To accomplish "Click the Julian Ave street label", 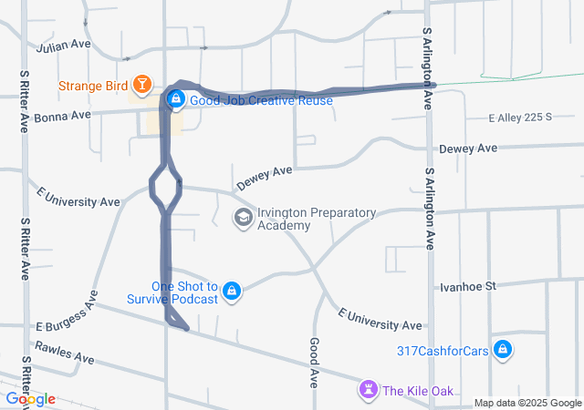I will point(64,44).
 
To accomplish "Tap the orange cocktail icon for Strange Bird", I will point(142,86).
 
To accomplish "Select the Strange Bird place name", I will point(93,87).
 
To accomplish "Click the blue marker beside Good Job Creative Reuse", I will point(176,98).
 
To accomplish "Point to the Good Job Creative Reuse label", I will point(262,100).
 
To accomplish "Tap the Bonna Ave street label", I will point(63,116).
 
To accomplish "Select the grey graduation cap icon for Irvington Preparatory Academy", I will point(244,218).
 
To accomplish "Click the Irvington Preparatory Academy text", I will point(317,219).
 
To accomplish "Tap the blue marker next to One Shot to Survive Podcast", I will point(233,291).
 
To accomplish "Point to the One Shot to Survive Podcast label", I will point(184,292).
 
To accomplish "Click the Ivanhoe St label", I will point(467,286).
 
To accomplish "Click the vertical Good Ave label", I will point(313,358).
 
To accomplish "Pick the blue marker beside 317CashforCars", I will point(502,349).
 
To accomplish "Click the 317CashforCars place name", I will point(439,350).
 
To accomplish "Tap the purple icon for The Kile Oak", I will point(369,390).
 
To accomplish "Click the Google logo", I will point(31,399).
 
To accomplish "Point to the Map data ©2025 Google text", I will point(527,403).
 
